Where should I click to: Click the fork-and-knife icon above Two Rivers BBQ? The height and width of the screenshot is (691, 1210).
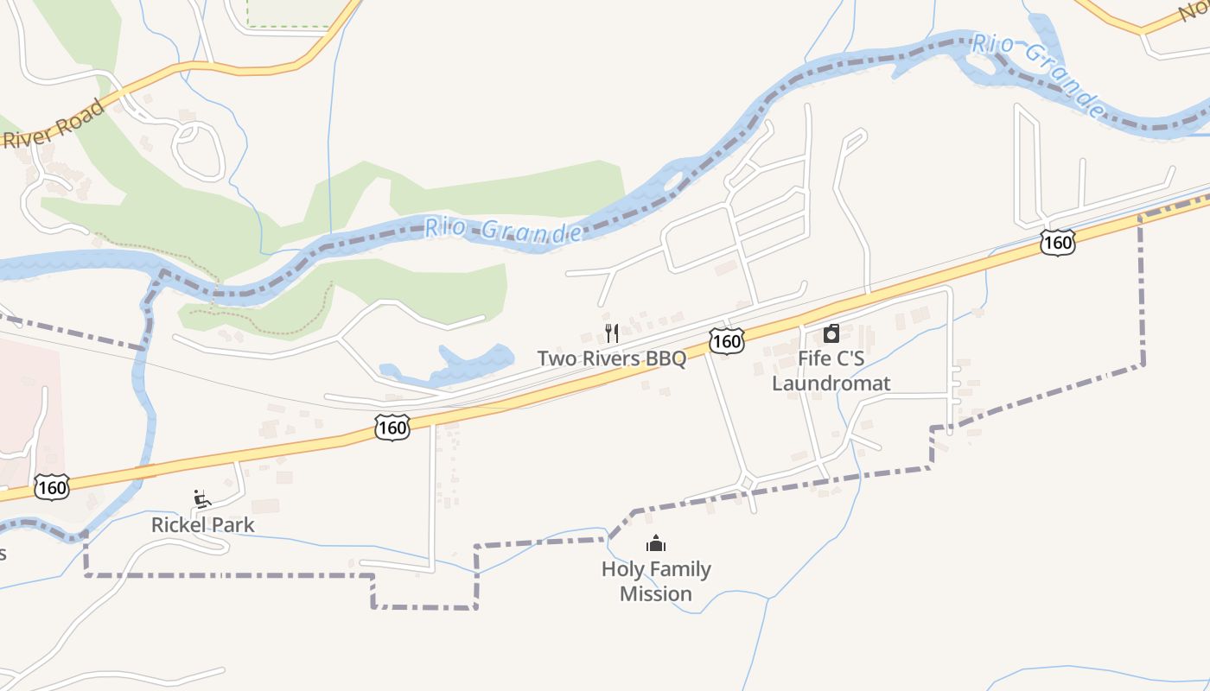(612, 333)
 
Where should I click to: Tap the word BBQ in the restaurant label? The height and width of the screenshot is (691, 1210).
(663, 358)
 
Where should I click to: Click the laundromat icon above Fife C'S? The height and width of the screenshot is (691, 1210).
(831, 333)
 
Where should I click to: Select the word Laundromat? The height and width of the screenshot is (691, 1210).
(831, 383)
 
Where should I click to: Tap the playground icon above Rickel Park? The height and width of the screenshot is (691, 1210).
(202, 499)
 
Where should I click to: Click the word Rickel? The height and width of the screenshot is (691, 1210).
(178, 524)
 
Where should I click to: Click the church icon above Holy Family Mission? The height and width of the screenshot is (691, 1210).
(656, 544)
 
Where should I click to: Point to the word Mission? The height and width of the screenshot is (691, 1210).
(656, 594)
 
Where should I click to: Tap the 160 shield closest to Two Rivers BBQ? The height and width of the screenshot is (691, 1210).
(727, 341)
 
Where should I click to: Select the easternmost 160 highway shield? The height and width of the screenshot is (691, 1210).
(1058, 243)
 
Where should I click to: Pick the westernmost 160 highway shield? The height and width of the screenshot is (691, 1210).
(52, 488)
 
